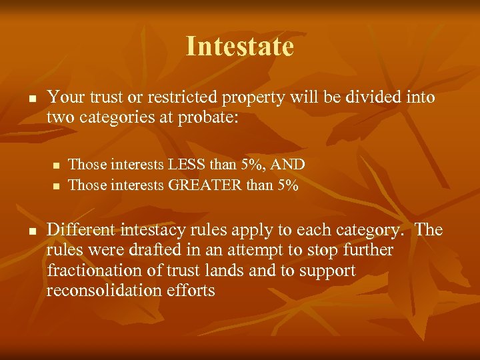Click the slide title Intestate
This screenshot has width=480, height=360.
coord(239,46)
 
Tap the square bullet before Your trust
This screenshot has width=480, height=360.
coord(31,98)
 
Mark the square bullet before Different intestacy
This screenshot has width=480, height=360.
coord(31,231)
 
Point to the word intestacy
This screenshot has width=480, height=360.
coord(154,230)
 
